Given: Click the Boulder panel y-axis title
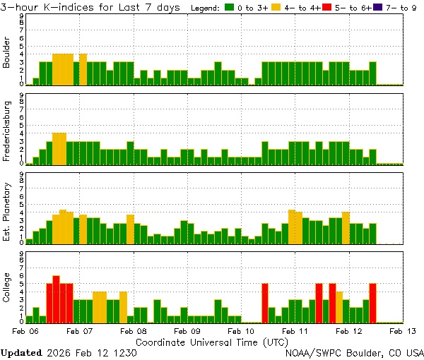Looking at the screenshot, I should click(7, 54).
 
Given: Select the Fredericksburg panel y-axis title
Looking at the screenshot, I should click(7, 133).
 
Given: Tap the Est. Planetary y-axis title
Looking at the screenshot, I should click(7, 211).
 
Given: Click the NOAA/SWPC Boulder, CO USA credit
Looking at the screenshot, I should click(355, 352).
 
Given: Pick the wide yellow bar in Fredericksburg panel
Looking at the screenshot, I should click(59, 149).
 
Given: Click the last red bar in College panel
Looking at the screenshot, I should click(372, 303).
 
